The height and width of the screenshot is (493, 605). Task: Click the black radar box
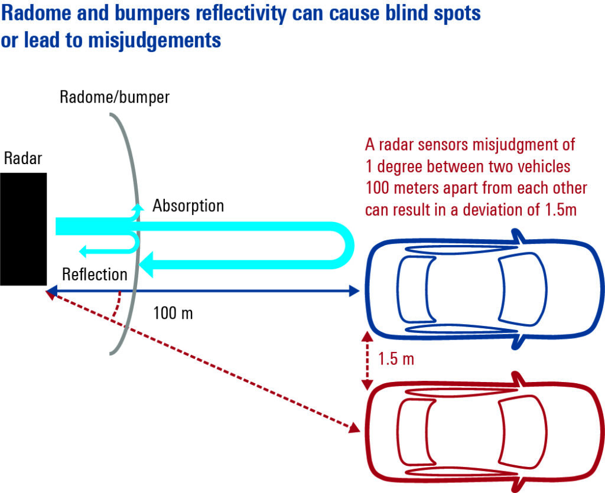pos(23,229)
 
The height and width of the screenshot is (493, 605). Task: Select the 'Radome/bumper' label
pos(115,97)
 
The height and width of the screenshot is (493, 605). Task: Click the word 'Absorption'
pos(188,205)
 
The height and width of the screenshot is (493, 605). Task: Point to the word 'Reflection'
pos(95,274)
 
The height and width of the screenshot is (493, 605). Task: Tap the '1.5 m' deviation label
pos(395,359)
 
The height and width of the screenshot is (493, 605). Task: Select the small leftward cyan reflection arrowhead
pos(84,252)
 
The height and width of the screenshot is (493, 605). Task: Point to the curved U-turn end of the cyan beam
pos(346,246)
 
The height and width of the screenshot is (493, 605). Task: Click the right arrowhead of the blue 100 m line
pos(354,290)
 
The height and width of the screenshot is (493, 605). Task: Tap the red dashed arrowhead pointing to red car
pos(354,427)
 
